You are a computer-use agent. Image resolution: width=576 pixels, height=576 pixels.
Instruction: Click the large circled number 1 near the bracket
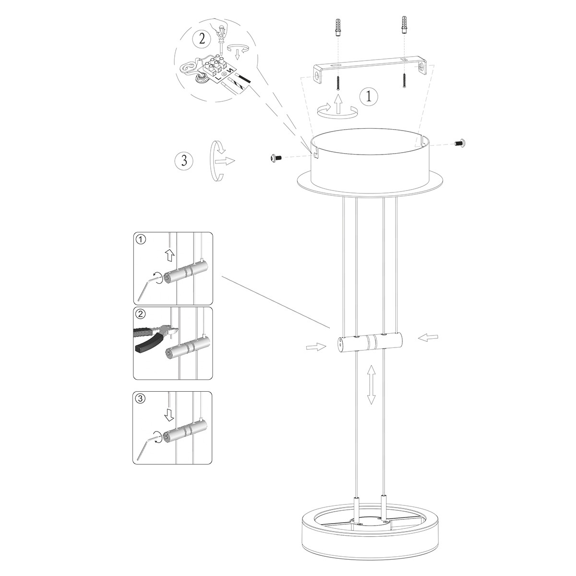coord(369,96)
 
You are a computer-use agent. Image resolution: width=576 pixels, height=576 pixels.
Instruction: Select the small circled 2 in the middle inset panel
coord(140,315)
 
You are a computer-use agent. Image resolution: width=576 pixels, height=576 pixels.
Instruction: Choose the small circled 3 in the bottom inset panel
coord(140,398)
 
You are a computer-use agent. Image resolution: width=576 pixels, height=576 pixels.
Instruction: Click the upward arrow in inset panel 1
coord(169,255)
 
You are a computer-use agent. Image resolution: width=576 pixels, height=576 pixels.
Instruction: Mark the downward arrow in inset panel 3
coord(169,413)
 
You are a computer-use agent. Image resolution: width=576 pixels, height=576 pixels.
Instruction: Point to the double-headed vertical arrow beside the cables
coord(371,384)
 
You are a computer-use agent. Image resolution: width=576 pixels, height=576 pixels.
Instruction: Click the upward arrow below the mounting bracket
coord(338,103)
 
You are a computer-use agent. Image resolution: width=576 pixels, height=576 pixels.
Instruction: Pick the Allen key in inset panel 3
coord(147,446)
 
